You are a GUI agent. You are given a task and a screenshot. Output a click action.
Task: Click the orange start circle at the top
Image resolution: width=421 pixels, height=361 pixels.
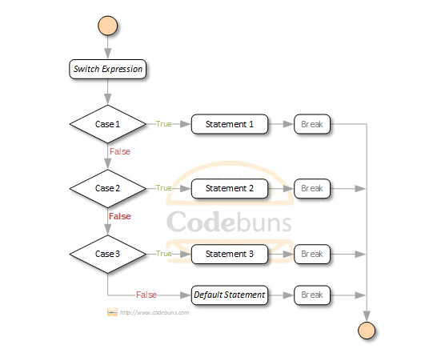pos(108,26)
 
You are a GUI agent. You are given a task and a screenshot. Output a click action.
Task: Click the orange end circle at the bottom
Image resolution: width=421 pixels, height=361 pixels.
pos(367,330)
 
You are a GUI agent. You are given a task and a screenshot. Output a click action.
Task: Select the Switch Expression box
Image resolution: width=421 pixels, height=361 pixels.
pos(108,69)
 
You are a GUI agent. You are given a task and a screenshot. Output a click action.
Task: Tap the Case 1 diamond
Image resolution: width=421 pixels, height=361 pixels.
pos(108,124)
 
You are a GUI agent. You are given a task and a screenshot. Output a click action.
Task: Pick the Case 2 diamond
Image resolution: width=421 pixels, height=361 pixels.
pos(108,188)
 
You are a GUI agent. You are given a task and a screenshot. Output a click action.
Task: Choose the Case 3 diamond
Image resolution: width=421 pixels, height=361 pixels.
pos(108,254)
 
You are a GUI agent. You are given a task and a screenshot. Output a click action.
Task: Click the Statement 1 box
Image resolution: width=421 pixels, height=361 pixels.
pos(230,124)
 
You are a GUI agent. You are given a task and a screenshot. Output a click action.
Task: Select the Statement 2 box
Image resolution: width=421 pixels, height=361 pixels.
pos(230,188)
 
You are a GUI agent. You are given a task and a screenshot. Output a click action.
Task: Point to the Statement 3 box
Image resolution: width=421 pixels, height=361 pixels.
pos(230,254)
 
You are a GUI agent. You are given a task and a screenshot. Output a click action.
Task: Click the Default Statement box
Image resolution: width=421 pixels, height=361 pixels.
pos(230,295)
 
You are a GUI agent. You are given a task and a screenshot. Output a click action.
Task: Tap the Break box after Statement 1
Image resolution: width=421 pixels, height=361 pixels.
pos(312,124)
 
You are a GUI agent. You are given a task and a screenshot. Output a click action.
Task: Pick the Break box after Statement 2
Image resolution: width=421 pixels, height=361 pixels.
pos(312,188)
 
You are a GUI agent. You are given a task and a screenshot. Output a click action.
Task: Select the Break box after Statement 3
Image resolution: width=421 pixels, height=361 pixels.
pos(312,254)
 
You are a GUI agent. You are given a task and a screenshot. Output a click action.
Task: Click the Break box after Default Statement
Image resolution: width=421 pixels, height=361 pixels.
pos(312,295)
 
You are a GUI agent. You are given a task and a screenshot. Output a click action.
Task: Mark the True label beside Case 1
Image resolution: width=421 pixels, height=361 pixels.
pos(164,124)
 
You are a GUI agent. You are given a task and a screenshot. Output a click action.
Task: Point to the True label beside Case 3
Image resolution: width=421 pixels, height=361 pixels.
pos(164,254)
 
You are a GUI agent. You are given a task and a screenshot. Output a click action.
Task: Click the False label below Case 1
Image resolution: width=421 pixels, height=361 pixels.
pos(120,151)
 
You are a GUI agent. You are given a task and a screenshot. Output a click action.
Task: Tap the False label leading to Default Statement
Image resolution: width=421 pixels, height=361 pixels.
pos(146,295)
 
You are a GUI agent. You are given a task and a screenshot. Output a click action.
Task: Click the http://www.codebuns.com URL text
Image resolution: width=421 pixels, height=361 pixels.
pos(154,312)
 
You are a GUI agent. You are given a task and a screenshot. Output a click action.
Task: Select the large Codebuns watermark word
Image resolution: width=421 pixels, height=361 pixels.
pos(229,222)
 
